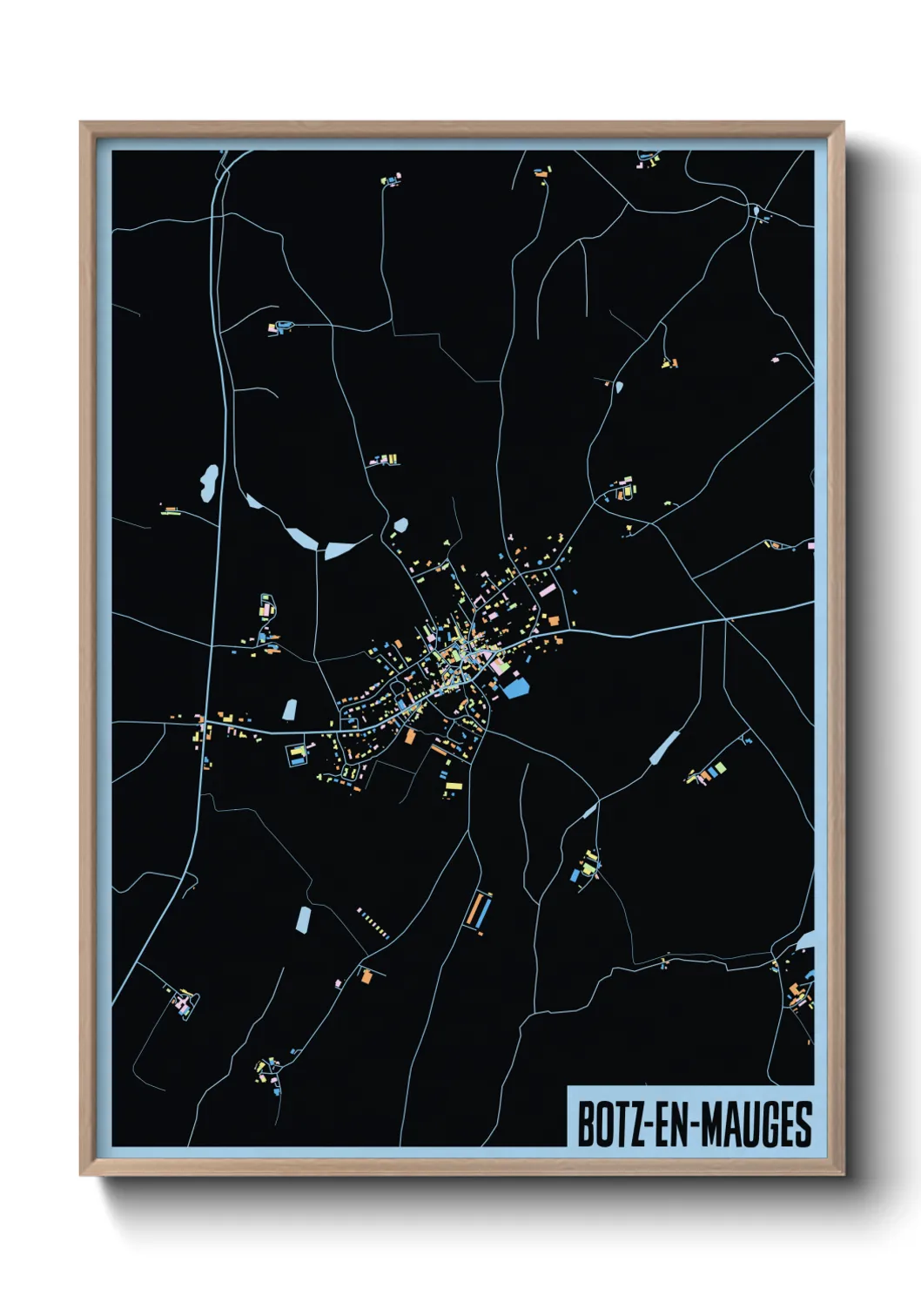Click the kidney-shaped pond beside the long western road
(209, 483)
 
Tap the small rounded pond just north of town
(400, 525)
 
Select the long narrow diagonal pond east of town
(664, 747)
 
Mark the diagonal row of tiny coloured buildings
(373, 923)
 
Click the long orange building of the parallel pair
(474, 910)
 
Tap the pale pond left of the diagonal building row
(302, 919)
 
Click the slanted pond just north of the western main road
(289, 709)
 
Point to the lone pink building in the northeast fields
(774, 358)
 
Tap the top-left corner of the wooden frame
(82, 124)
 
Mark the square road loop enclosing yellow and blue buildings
(299, 754)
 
